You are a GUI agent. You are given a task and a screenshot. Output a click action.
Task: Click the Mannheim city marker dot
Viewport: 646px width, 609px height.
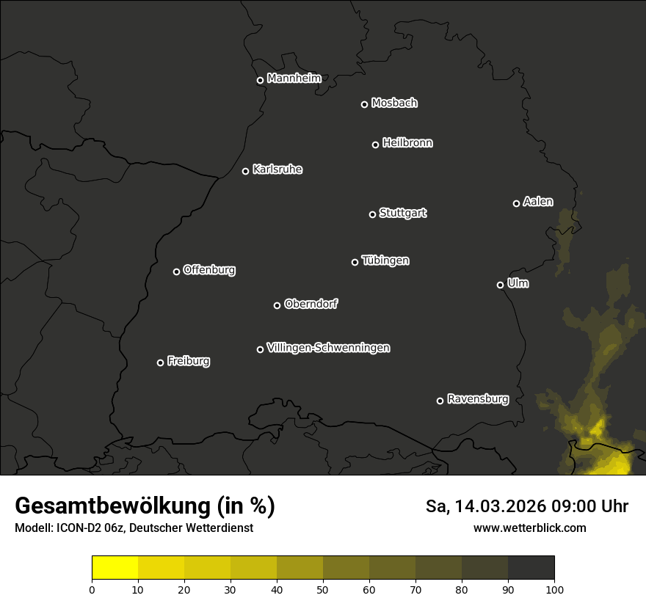(260, 81)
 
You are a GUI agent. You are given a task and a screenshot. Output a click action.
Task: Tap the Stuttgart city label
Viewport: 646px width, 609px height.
(402, 213)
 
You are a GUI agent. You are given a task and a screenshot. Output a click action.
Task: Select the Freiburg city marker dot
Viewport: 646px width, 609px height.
(160, 362)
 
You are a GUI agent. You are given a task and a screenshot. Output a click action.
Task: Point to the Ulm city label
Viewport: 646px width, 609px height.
(518, 283)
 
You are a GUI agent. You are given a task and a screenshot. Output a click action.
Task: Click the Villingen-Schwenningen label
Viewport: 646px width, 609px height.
(328, 348)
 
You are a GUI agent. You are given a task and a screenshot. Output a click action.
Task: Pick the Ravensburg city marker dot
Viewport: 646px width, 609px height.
(440, 401)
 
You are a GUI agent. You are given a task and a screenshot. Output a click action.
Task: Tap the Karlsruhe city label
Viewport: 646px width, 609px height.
(277, 169)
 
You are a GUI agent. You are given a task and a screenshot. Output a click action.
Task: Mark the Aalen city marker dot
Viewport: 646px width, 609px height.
(516, 203)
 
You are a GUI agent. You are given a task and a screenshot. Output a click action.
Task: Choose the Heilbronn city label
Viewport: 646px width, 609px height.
(407, 143)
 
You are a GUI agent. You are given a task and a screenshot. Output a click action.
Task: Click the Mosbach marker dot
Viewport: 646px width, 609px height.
(364, 104)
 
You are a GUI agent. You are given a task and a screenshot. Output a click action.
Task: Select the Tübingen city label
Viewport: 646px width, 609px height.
(385, 260)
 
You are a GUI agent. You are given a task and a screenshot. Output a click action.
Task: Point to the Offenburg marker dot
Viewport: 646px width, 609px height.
(176, 271)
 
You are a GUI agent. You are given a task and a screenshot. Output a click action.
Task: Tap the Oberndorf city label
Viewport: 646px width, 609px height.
(311, 304)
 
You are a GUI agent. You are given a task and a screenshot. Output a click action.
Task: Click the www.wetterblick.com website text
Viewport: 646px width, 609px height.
(530, 528)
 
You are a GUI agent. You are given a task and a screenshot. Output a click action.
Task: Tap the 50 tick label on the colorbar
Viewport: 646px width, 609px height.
(323, 589)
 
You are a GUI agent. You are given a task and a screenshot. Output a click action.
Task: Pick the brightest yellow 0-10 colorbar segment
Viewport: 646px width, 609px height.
(115, 568)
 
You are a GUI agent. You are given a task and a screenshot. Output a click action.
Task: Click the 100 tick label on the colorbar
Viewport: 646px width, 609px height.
(554, 589)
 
